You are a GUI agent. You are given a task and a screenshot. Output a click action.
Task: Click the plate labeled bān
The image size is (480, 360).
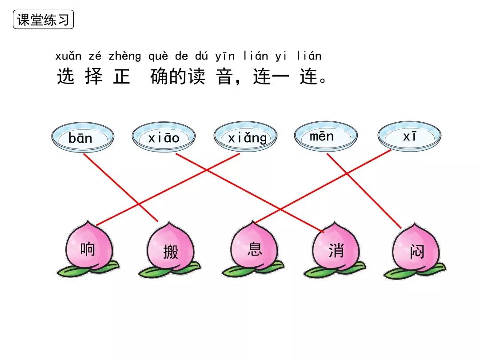82,137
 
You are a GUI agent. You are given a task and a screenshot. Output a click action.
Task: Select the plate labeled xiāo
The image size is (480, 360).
164,137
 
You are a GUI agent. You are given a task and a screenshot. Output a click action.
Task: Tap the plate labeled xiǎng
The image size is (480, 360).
245,137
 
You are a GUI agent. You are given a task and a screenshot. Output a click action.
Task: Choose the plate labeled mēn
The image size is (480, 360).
326,136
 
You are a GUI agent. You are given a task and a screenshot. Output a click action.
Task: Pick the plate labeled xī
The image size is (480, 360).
409,137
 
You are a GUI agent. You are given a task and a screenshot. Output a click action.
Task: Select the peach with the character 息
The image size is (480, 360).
254,248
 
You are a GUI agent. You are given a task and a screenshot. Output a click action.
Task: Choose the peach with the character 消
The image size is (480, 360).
336,250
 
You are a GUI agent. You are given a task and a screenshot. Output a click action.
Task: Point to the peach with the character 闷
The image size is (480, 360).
416,251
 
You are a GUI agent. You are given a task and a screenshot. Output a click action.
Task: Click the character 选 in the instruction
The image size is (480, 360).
66,77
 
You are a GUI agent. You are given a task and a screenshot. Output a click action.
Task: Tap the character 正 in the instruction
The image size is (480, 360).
121,77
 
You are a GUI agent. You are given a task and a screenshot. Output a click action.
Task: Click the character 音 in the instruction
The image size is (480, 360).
224,77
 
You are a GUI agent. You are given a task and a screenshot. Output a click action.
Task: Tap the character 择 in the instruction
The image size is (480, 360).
93,77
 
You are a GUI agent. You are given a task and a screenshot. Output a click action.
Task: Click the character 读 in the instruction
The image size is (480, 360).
196,77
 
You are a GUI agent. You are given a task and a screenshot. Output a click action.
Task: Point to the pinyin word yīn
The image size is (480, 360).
225,56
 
